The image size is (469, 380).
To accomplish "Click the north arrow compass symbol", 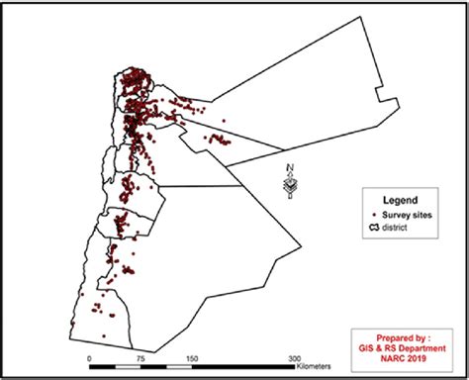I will point(291,186).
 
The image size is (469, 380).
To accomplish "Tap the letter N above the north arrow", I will point(287,165).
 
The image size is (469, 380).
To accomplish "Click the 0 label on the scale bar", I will point(90,358).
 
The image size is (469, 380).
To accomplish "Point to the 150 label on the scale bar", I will point(192,358).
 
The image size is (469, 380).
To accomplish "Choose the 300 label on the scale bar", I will point(295,358).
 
